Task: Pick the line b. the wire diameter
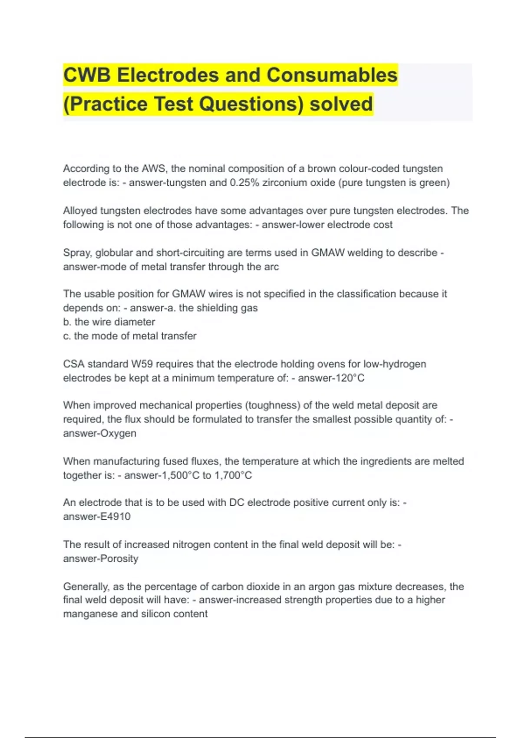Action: pos(109,322)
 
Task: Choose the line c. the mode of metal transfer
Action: pos(130,336)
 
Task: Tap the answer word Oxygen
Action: pos(119,433)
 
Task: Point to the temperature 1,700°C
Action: pos(233,475)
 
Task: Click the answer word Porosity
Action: pos(119,559)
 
